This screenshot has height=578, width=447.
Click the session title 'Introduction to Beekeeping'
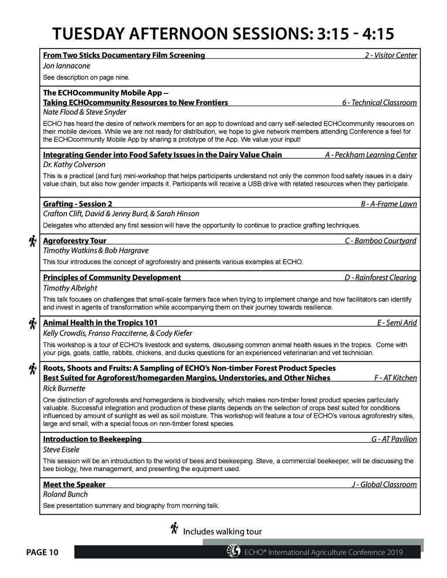[x=92, y=439]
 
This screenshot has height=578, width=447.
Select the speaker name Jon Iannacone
[x=66, y=66]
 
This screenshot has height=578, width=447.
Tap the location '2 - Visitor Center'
[x=391, y=55]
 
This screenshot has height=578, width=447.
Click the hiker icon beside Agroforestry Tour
[x=32, y=241]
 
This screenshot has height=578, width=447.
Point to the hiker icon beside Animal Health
[x=32, y=324]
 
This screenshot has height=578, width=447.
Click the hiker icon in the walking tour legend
[x=174, y=528]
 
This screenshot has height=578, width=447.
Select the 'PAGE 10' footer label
[x=42, y=553]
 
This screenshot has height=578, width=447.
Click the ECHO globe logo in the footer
[x=234, y=551]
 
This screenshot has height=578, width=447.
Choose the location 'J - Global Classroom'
[x=384, y=484]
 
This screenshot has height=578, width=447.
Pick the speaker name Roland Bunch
[x=65, y=494]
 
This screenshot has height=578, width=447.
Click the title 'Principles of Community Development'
[x=112, y=277]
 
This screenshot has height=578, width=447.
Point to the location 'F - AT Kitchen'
[x=395, y=378]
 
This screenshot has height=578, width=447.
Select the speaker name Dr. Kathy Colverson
[x=74, y=164]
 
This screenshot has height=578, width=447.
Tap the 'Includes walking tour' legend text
[x=222, y=531]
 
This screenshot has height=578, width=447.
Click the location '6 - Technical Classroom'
[x=379, y=103]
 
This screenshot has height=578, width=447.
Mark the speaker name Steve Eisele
[x=61, y=449]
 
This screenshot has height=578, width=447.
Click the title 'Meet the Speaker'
[x=74, y=484]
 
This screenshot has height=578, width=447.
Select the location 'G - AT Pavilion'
[x=394, y=439]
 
